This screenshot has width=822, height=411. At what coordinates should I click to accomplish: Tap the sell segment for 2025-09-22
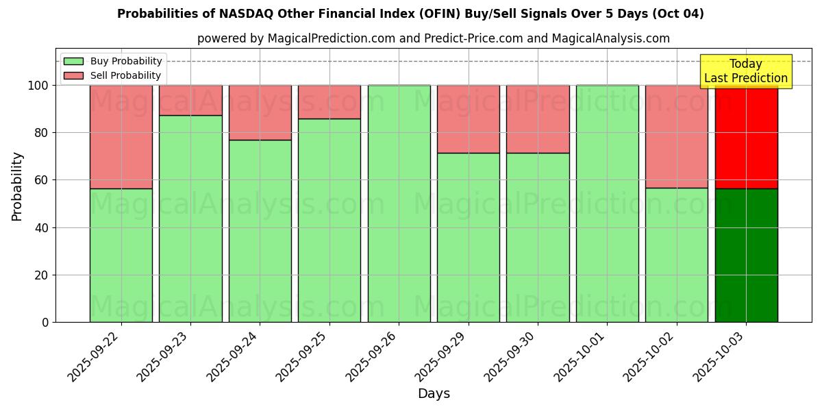[121, 136]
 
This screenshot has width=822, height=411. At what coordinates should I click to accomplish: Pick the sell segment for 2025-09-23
[190, 100]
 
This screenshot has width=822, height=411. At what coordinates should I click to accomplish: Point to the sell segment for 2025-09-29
[469, 119]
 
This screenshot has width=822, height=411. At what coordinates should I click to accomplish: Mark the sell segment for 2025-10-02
[676, 136]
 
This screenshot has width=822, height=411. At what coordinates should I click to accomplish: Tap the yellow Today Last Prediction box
[745, 71]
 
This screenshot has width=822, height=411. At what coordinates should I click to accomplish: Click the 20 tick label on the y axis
[42, 275]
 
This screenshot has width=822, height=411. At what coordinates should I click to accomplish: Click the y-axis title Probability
[17, 186]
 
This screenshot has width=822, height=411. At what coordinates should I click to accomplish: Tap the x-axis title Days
[434, 394]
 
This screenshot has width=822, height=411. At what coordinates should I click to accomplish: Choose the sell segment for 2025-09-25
[329, 102]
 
